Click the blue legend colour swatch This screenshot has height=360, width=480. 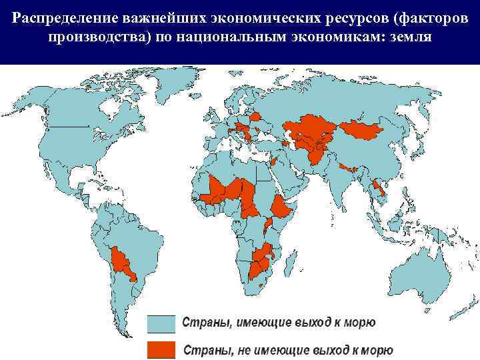[161, 323]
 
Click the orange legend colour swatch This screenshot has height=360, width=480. [161, 349]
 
